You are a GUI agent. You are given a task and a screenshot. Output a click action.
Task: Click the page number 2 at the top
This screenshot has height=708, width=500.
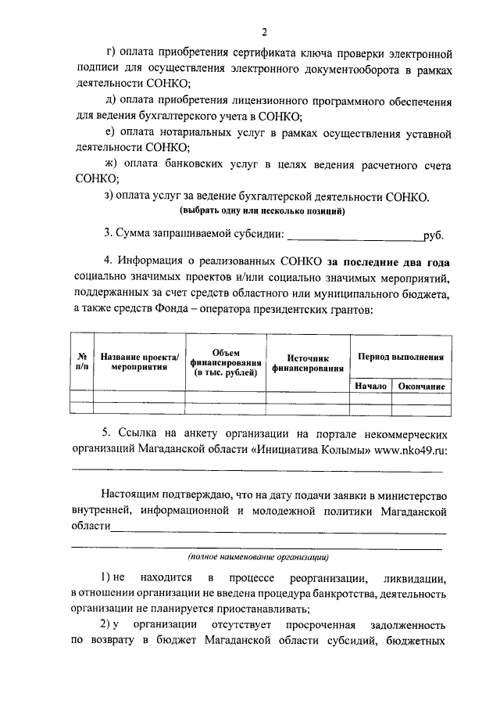pos(264,32)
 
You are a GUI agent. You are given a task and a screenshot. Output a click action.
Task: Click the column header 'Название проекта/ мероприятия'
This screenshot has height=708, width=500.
pos(140,361)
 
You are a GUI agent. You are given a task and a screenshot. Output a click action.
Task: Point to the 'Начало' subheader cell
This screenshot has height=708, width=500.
pos(370,386)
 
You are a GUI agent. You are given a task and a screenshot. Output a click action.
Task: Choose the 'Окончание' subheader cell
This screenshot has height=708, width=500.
pos(421,386)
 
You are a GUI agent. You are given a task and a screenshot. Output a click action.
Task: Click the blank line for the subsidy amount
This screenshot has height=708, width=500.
pos(355,235)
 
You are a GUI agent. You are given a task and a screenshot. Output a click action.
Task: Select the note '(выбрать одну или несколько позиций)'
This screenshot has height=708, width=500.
pos(262,211)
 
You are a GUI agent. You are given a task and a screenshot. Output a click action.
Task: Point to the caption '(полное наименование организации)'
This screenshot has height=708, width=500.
pos(258,558)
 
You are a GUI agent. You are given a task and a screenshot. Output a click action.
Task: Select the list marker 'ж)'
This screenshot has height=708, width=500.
pos(109,164)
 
